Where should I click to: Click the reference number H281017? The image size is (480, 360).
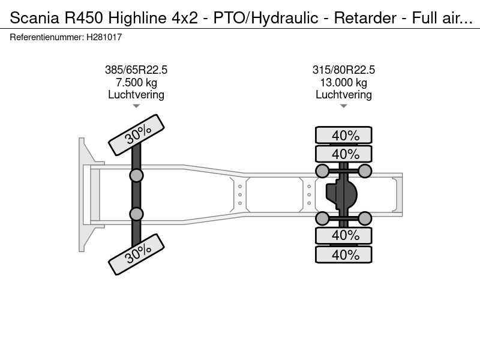[x=105, y=37]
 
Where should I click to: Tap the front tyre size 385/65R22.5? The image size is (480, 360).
[x=136, y=70]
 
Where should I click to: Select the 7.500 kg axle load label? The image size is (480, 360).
[x=136, y=82]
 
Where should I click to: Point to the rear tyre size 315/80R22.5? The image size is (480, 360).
[x=344, y=70]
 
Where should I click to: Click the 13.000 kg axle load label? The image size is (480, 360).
[x=344, y=82]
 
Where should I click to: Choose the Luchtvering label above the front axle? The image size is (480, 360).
[x=136, y=94]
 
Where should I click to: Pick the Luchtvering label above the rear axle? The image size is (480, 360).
[x=344, y=94]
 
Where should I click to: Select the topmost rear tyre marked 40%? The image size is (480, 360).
[x=344, y=136]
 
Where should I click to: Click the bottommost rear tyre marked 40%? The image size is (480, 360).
[x=344, y=255]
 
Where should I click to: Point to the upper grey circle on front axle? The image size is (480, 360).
[x=136, y=175]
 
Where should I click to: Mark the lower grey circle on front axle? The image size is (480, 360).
[x=136, y=214]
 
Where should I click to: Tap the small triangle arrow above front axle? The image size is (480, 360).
[x=136, y=106]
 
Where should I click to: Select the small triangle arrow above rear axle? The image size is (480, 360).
[x=344, y=106]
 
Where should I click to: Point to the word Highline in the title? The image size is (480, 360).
[x=138, y=17]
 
